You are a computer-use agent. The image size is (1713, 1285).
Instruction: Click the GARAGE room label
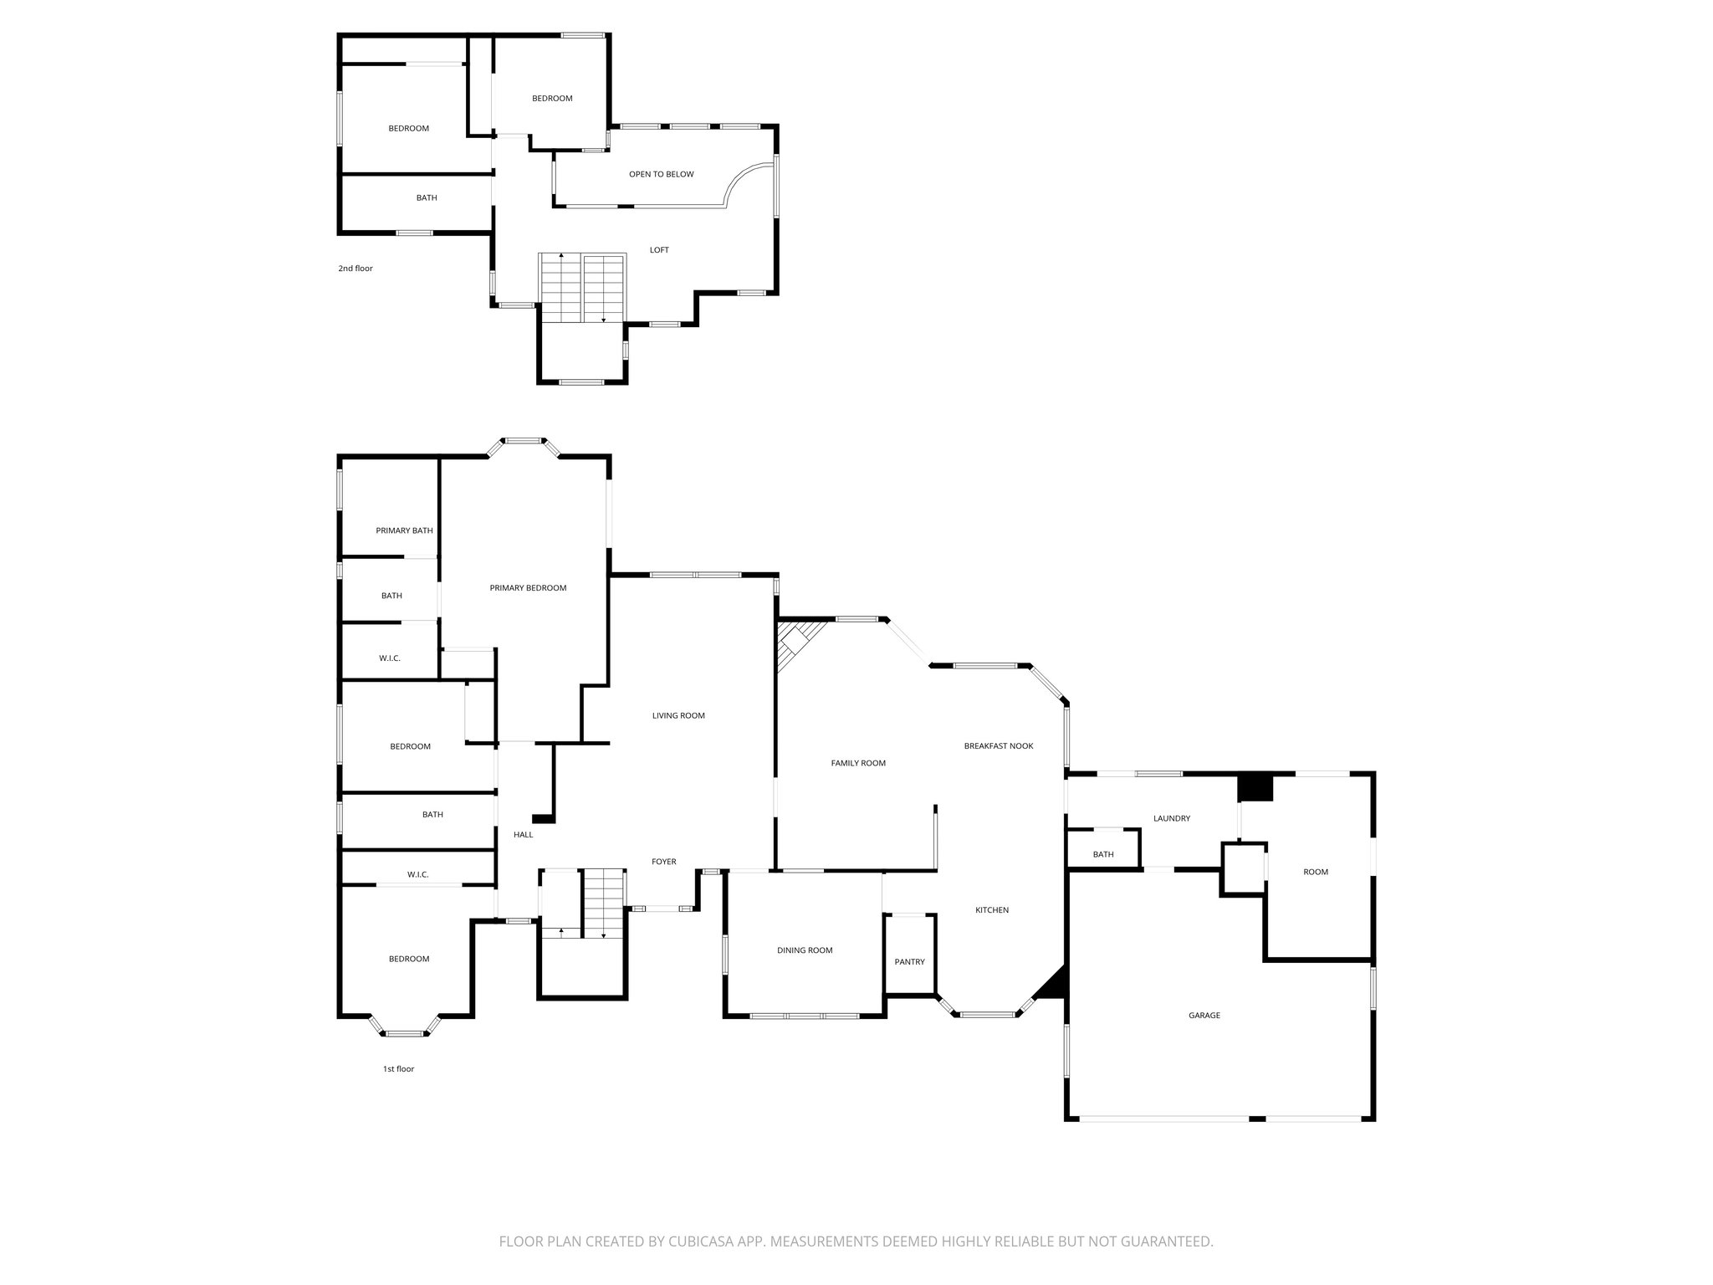[x=1204, y=1016]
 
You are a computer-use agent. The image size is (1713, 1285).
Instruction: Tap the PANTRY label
[x=909, y=962]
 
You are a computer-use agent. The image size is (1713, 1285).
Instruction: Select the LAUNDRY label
[x=1171, y=818]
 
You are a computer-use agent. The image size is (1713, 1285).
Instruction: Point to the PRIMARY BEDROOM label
[x=528, y=588]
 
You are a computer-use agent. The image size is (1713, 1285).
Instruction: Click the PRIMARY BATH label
[x=404, y=530]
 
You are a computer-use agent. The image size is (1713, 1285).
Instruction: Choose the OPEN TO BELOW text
[x=661, y=174]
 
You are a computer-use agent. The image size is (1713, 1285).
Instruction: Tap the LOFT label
[x=659, y=250]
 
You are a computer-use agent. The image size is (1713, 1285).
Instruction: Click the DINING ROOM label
[x=805, y=950]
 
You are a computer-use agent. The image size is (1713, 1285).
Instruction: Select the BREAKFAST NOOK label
[x=998, y=746]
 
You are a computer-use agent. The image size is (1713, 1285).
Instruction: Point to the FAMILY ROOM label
[x=857, y=763]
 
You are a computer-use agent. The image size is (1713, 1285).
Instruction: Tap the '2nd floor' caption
[x=355, y=269]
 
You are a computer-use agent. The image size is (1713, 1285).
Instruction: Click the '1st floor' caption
[x=398, y=1069]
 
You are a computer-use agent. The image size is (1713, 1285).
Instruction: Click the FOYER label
[x=663, y=862]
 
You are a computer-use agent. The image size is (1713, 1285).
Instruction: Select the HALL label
[x=523, y=834]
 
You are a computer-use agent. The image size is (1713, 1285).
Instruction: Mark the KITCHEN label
[x=991, y=910]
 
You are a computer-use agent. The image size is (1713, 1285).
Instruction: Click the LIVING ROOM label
[x=678, y=716]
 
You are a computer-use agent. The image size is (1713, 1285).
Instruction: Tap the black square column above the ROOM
[x=1255, y=787]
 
